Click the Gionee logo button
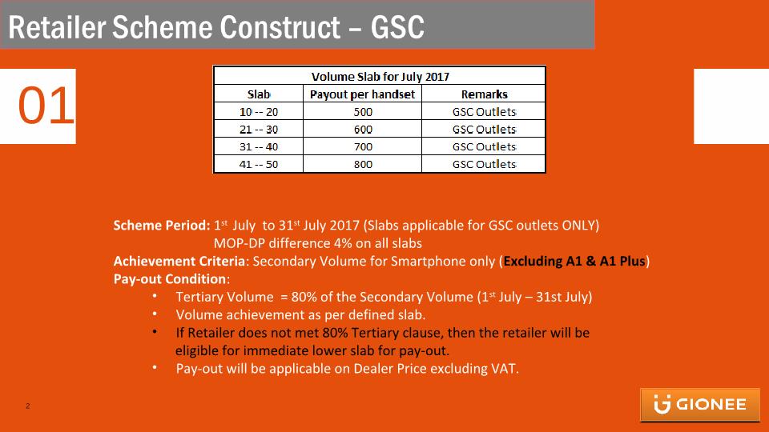(x=700, y=405)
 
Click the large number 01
(x=46, y=106)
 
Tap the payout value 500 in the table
(x=363, y=112)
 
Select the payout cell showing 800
(x=363, y=164)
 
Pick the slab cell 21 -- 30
(x=259, y=130)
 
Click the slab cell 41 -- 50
(x=259, y=164)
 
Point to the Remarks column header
(x=484, y=94)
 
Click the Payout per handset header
(x=362, y=94)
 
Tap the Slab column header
(x=259, y=94)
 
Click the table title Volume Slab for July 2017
(x=380, y=77)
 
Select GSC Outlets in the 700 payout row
(x=484, y=146)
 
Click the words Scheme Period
(x=162, y=226)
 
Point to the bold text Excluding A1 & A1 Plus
(x=574, y=261)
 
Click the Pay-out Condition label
(x=170, y=278)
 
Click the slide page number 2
(x=28, y=406)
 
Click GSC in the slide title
(x=397, y=27)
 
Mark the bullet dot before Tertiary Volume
(x=155, y=296)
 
